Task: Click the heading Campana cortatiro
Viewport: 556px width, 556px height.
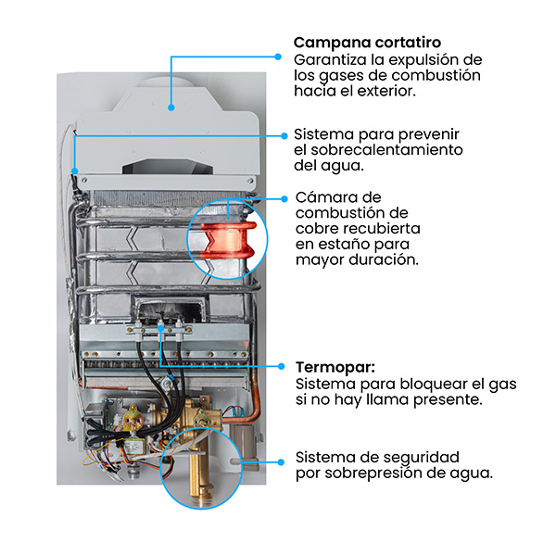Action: [367, 43]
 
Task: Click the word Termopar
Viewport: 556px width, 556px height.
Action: [335, 367]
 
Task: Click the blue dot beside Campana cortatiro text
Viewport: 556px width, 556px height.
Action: [278, 57]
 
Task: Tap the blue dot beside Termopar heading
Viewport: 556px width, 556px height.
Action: [281, 366]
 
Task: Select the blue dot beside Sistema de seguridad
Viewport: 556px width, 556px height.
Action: [281, 462]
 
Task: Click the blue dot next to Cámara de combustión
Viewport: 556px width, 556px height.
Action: [284, 199]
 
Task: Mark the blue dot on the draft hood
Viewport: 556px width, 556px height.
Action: [171, 107]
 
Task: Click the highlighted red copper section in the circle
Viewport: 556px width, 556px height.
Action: [229, 240]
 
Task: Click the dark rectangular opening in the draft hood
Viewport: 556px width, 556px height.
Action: [169, 167]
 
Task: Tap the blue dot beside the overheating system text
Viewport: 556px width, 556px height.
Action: [284, 136]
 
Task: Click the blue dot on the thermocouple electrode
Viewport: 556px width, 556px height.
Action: [161, 329]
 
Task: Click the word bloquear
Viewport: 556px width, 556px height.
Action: [431, 384]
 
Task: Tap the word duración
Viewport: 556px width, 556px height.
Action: [384, 259]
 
